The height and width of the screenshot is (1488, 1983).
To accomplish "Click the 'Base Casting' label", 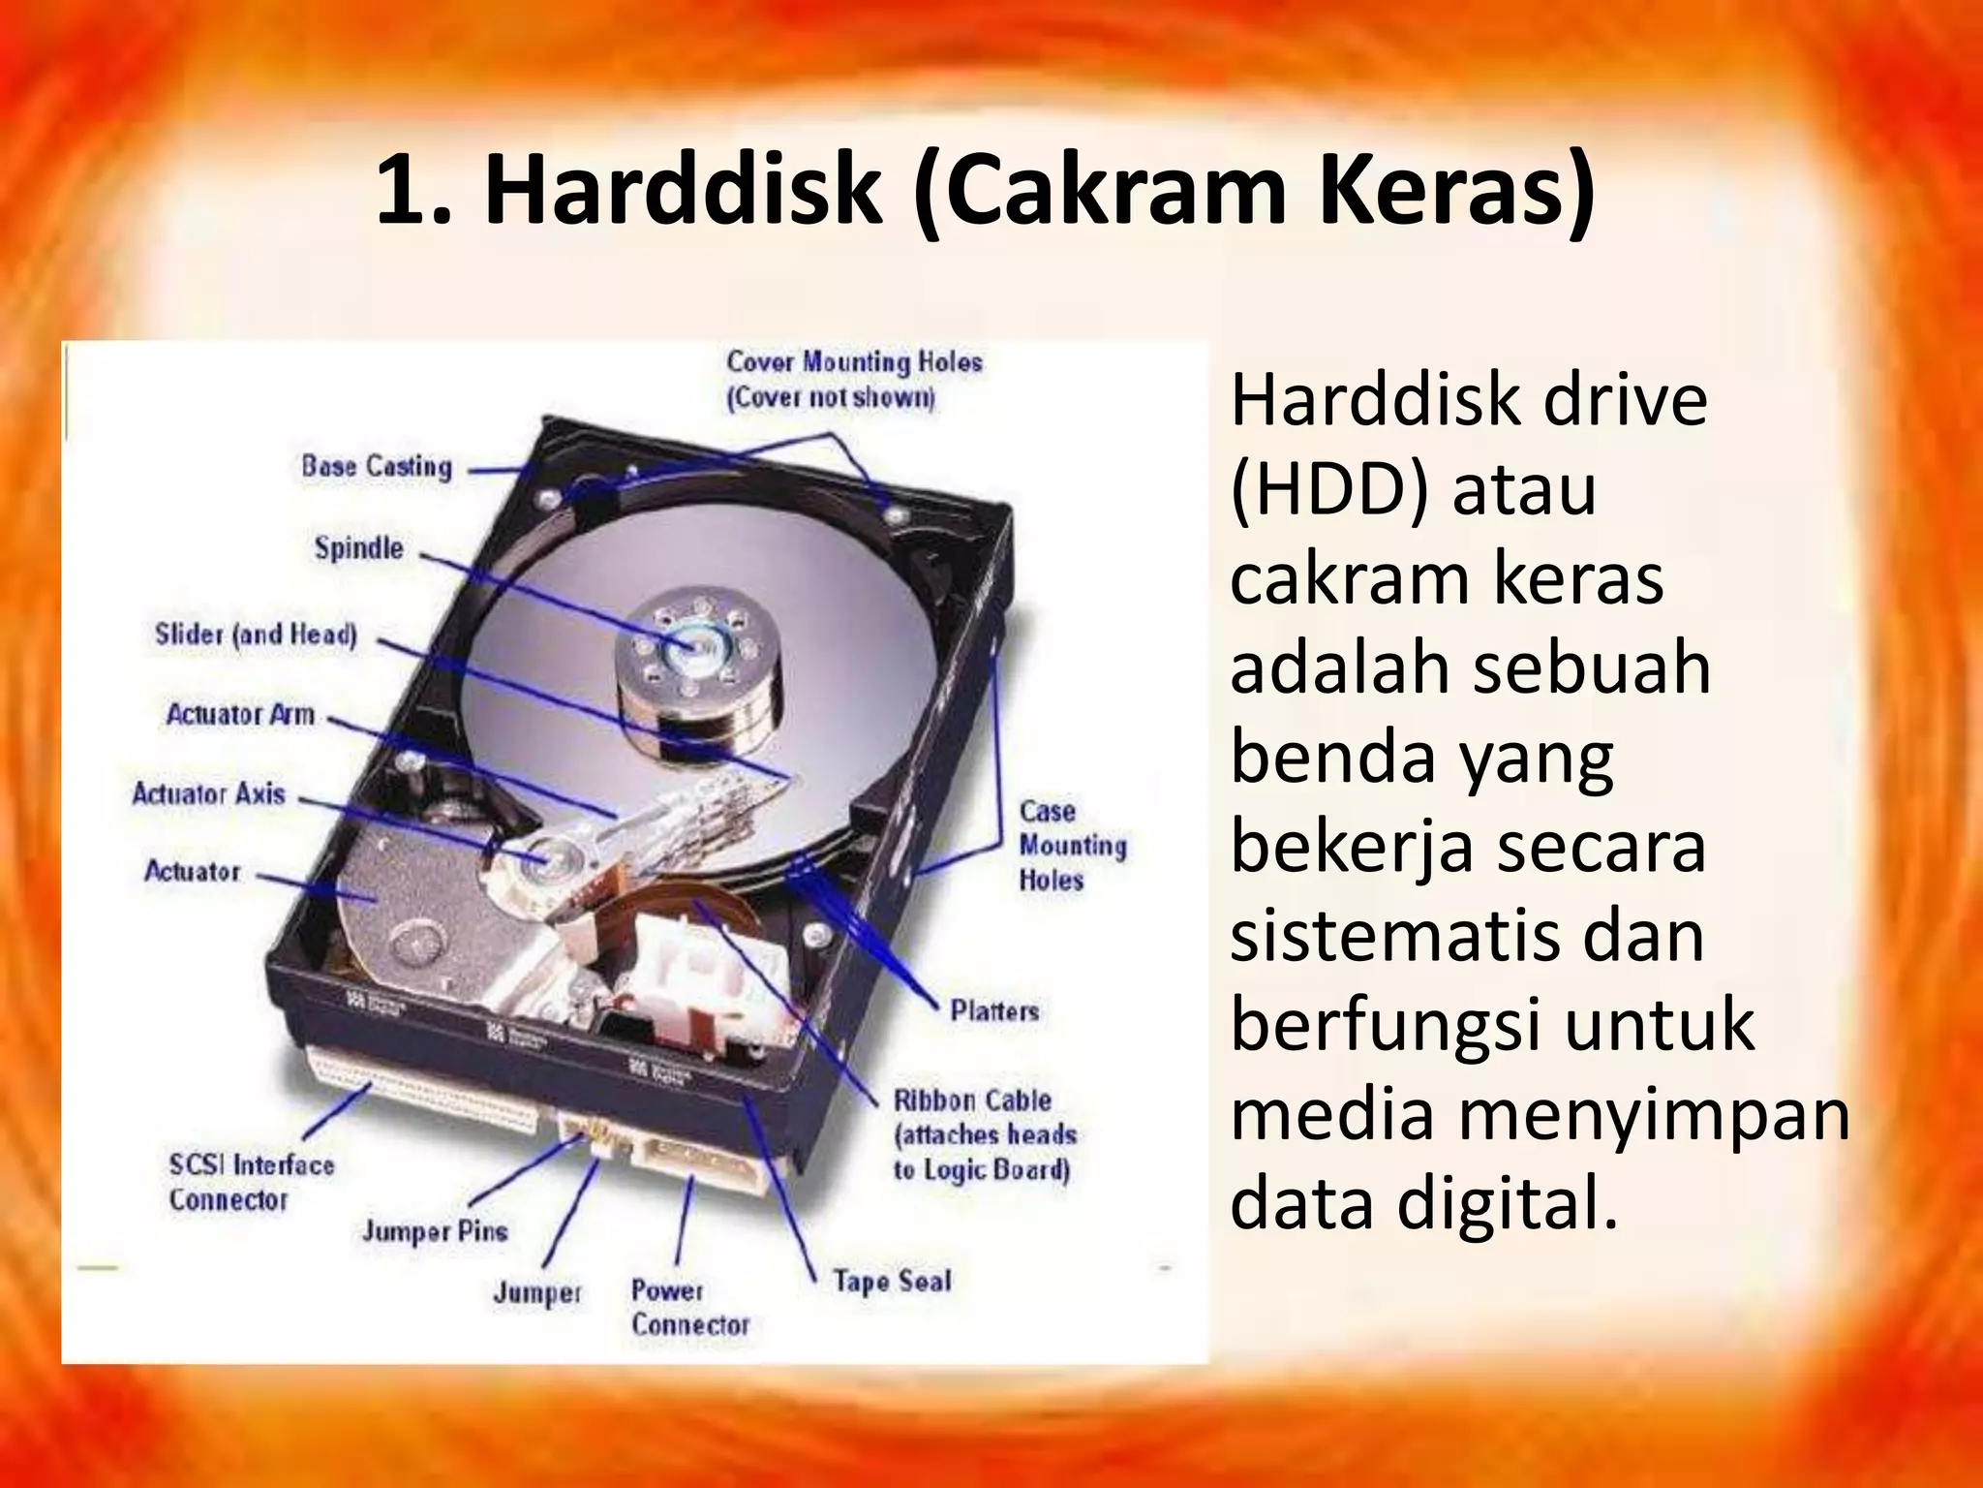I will point(377,467).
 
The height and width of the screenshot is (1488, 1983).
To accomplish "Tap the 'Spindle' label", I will point(358,548).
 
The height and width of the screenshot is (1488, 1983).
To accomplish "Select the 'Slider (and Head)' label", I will point(256,635).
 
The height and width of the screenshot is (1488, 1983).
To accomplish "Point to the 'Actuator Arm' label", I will point(240,715).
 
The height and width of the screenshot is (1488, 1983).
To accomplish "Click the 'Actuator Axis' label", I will point(209,794).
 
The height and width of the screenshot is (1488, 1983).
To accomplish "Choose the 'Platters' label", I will point(994,1011).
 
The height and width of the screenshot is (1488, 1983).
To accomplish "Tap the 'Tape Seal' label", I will point(892,1282).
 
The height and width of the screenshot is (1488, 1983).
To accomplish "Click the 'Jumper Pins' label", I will point(435,1231).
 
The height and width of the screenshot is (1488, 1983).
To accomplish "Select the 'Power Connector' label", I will point(689,1308).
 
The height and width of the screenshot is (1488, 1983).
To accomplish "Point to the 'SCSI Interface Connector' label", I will point(251,1182).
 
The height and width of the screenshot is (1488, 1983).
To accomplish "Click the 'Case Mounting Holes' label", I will point(1072,846).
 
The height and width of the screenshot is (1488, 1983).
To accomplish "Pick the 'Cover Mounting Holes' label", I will point(854,379).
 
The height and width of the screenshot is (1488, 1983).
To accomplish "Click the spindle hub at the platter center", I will point(690,643).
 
